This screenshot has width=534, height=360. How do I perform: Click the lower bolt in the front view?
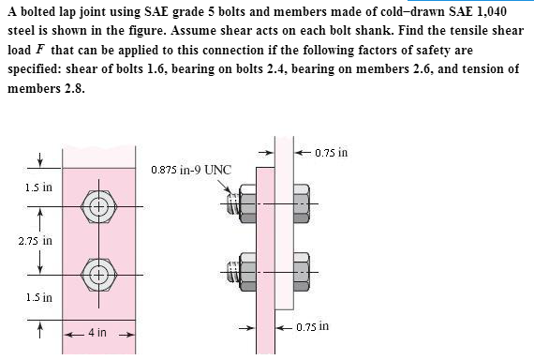pyautogui.click(x=99, y=274)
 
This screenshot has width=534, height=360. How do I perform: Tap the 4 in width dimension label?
pyautogui.click(x=96, y=333)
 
